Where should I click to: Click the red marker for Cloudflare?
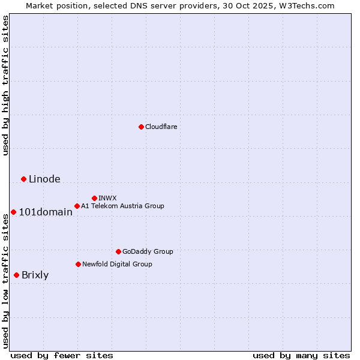[x=141, y=127]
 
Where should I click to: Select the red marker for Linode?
[x=23, y=179]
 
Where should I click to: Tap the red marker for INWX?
[x=94, y=198]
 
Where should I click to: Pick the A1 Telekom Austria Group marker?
[x=77, y=206]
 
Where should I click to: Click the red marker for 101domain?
[x=13, y=212]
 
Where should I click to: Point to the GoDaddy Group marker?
[x=118, y=251]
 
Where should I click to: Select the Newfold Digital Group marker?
[x=78, y=264]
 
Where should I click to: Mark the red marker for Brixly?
[x=16, y=275]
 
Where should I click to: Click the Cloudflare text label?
[x=161, y=127]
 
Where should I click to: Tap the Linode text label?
[x=44, y=179]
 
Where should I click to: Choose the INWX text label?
[x=107, y=198]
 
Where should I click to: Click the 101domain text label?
[x=46, y=212]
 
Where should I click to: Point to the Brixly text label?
[x=35, y=275]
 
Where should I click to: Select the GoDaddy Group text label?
[x=148, y=251]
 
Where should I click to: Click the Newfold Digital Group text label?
[x=117, y=264]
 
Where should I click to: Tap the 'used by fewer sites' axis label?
[x=62, y=355]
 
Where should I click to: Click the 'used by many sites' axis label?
[x=301, y=355]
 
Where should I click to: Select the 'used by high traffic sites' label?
[x=6, y=85]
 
